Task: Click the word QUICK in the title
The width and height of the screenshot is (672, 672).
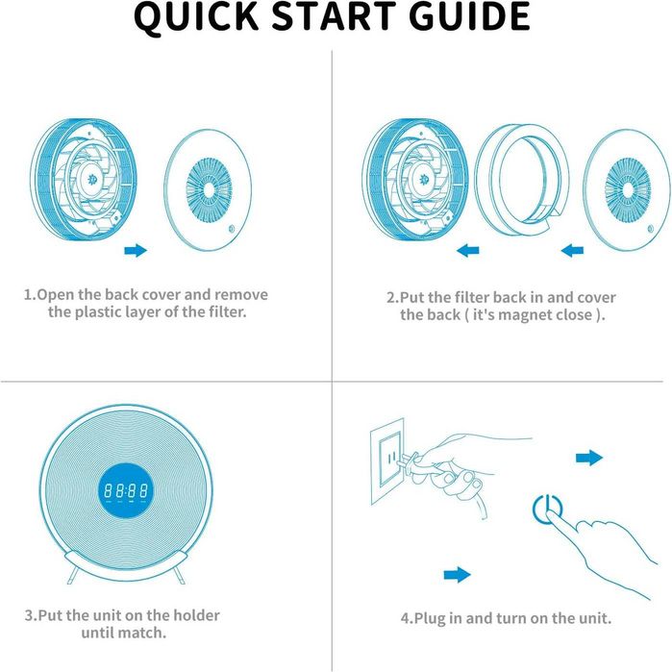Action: tap(196, 16)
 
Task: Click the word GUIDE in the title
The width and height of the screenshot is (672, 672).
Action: tap(470, 16)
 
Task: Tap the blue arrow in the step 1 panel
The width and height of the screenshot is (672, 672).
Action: tap(136, 250)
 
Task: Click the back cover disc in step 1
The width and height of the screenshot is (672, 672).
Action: tap(208, 189)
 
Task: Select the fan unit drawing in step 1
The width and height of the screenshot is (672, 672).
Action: tap(84, 180)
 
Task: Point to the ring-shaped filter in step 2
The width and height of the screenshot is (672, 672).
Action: tap(522, 180)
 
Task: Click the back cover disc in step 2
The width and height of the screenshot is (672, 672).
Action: tap(627, 189)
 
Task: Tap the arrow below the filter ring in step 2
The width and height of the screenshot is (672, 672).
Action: tap(467, 250)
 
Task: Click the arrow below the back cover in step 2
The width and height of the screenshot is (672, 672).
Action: tap(572, 250)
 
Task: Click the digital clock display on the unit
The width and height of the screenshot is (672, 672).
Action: tap(127, 490)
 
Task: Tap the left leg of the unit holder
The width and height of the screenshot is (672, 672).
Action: tap(72, 574)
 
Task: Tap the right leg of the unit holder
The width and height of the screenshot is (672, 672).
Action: tap(179, 574)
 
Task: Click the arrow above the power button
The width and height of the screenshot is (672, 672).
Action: tap(589, 458)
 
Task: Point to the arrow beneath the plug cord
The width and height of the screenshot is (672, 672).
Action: tap(458, 575)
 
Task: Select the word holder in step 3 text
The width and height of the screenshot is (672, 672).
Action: tap(196, 615)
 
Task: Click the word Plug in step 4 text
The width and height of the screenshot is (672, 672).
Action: tap(430, 619)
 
